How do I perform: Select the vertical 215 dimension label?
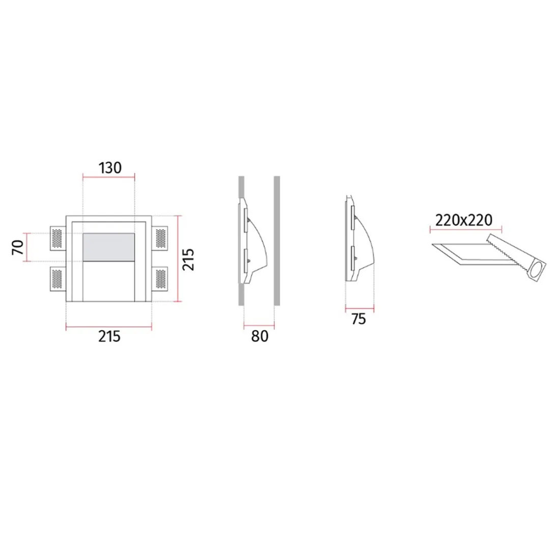189,259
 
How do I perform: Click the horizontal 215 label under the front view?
109,336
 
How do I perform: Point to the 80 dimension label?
260,336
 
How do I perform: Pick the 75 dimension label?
359,319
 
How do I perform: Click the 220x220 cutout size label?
464,220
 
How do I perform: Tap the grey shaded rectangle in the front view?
108,247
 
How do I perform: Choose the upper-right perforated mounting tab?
160,237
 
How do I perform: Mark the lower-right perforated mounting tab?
160,278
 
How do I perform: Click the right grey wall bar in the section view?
277,241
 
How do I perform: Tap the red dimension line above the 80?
259,325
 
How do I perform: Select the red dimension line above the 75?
359,309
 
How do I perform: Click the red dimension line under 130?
108,177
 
